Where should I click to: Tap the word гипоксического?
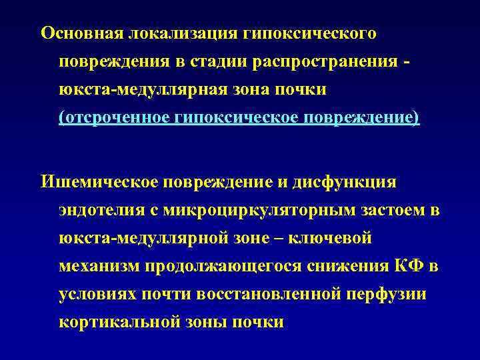click(x=311, y=33)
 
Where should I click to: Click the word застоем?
click(x=394, y=209)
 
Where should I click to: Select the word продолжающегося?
click(x=222, y=267)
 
